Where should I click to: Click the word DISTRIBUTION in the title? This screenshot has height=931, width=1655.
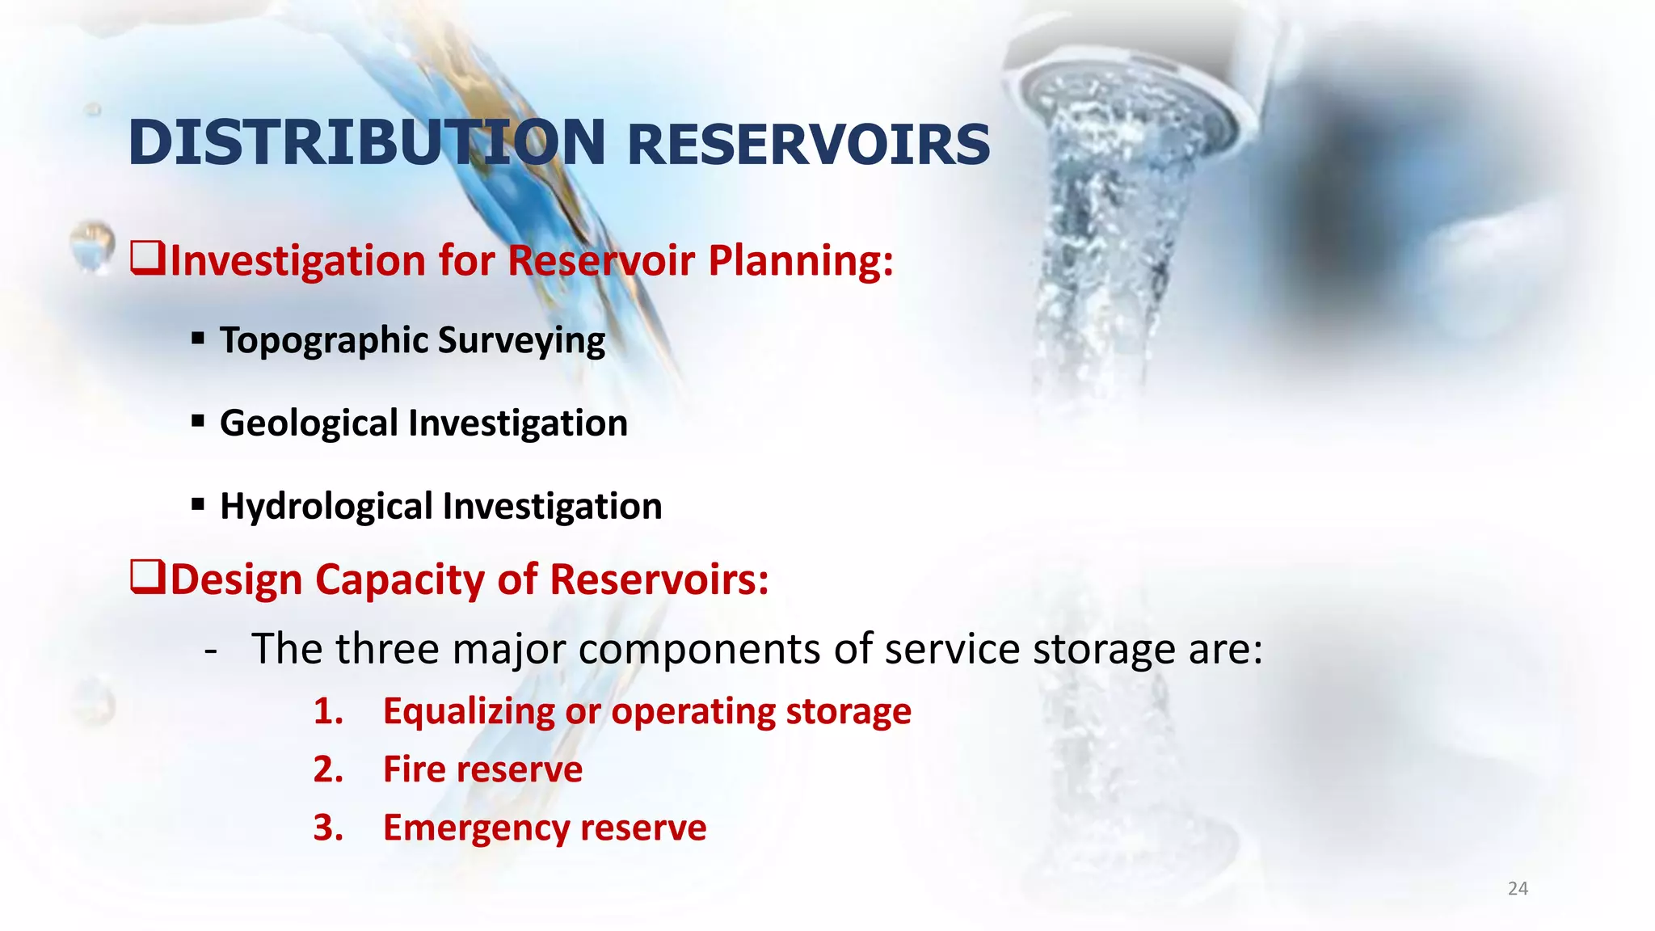coord(366,143)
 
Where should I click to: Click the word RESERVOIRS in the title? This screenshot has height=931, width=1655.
coord(808,145)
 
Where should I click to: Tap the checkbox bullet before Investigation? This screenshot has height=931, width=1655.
coord(148,259)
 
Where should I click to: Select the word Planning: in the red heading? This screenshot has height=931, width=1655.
coord(801,261)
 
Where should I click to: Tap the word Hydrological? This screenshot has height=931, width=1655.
coord(326,507)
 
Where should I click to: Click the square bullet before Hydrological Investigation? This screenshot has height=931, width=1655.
coord(198,505)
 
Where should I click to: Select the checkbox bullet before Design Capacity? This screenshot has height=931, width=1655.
coord(148,578)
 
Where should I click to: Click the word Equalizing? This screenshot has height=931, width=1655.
coord(467,712)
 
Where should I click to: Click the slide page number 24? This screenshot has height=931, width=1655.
coord(1518,889)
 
